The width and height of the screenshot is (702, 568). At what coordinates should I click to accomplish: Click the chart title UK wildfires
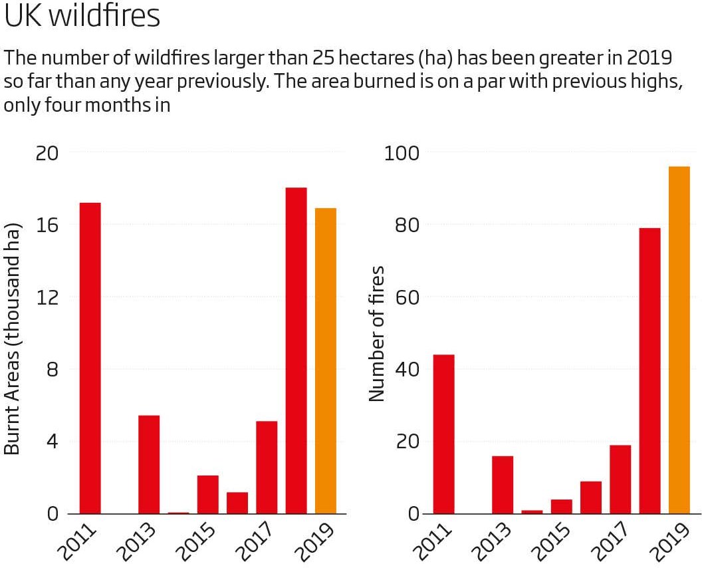pos(82,17)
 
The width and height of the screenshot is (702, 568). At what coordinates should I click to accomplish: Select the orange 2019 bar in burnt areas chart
pos(326,361)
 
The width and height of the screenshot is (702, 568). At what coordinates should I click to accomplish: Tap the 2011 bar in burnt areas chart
pos(90,358)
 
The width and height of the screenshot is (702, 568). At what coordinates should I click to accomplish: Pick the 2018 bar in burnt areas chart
pos(296,351)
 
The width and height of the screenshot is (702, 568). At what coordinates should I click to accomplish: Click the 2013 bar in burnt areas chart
pos(149,464)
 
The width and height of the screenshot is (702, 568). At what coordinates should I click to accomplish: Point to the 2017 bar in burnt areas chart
pos(267,468)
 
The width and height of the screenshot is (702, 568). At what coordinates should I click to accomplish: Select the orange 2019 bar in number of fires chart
pos(679,340)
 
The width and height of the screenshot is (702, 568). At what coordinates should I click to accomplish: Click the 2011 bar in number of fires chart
pos(443,434)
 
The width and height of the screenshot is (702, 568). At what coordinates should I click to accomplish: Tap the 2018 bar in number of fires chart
pos(649,370)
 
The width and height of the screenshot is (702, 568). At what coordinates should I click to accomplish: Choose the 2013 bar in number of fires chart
pos(503,485)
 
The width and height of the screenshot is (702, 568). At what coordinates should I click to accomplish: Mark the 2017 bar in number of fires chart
pos(620,479)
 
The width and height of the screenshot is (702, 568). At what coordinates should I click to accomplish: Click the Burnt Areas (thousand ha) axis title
pos(13,339)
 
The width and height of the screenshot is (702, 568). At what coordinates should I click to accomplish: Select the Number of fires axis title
pos(377,333)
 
